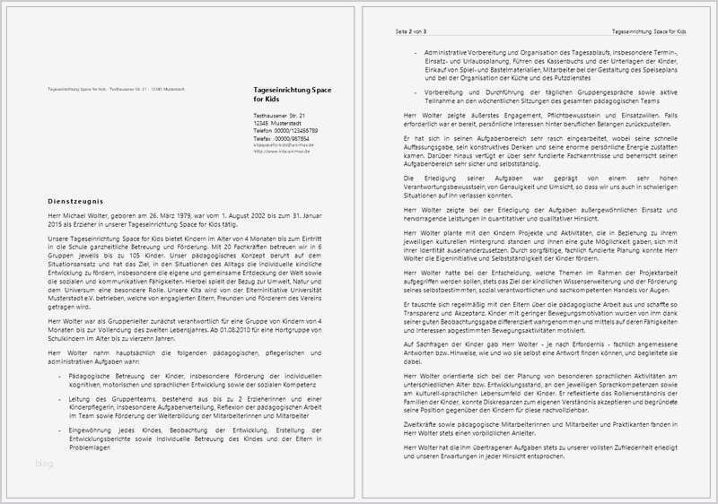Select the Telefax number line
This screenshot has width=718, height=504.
[278, 138]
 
